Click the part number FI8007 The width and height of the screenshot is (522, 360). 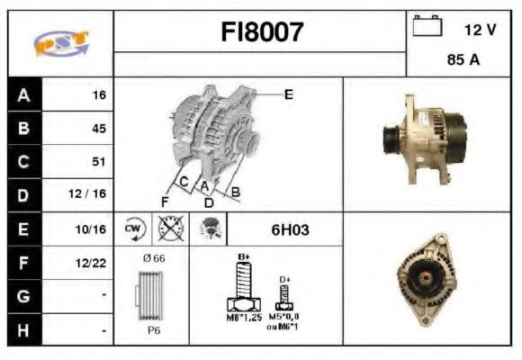click(263, 32)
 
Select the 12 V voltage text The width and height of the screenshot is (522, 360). click(480, 30)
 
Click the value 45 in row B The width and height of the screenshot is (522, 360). click(98, 128)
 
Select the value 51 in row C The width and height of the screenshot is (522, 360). click(98, 162)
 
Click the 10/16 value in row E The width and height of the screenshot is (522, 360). click(94, 229)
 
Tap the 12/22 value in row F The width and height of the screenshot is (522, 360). click(94, 264)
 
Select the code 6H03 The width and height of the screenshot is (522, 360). click(290, 229)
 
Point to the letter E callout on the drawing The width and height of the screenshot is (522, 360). click(288, 93)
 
